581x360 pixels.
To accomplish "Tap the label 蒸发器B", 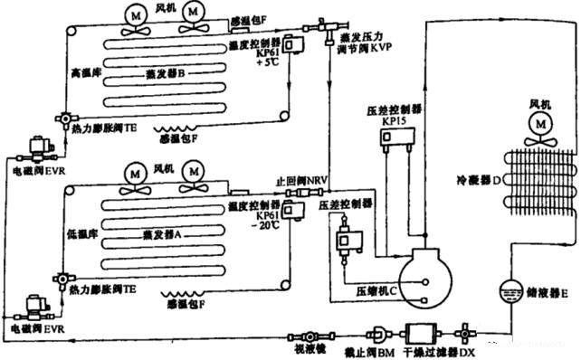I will pyautogui.click(x=163, y=71).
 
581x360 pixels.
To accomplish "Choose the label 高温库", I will pyautogui.click(x=83, y=69).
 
